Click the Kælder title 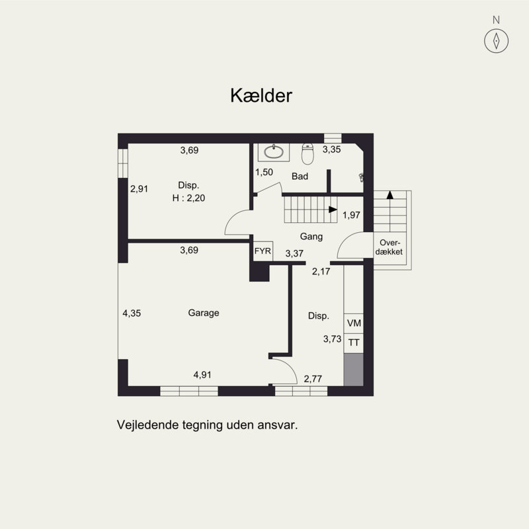point(261,95)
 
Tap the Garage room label point(204,313)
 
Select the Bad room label point(300,176)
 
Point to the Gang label point(311,237)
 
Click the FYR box point(263,251)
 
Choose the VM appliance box point(354,323)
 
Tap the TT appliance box point(354,343)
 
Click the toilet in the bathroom point(307,154)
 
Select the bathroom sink point(274,152)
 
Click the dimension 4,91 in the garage point(202,374)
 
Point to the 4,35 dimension point(132,313)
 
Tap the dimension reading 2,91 point(139,188)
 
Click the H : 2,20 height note point(188,198)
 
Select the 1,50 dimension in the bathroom point(264,172)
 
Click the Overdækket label point(389,247)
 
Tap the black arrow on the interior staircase point(333,210)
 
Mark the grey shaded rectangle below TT point(354,370)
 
